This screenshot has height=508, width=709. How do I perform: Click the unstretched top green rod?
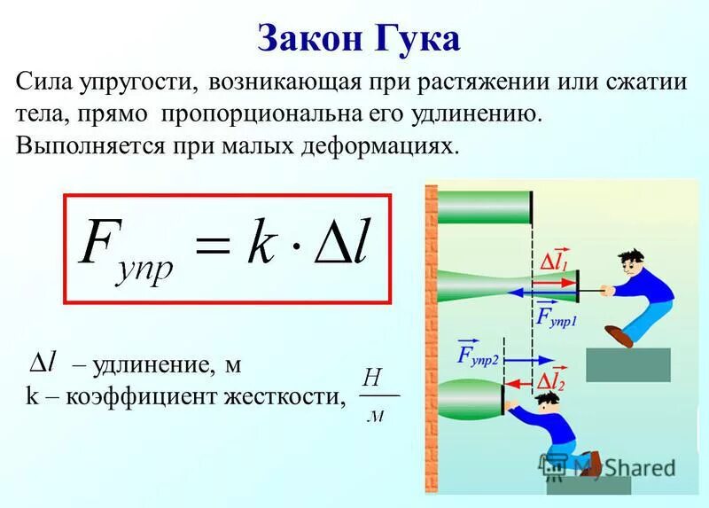click(x=483, y=207)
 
